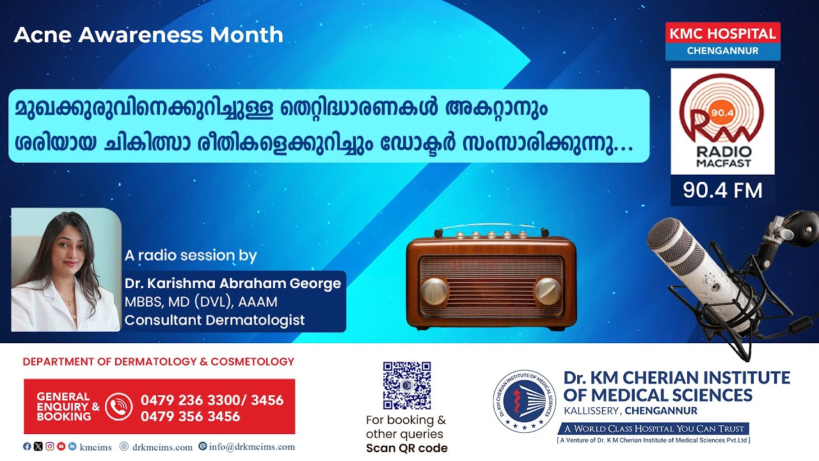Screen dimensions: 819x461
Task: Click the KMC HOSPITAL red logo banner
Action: pyautogui.click(x=723, y=41)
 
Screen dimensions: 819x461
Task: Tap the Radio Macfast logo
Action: pyautogui.click(x=722, y=121)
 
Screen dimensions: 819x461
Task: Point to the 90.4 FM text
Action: pyautogui.click(x=722, y=191)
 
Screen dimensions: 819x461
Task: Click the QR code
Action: pyautogui.click(x=407, y=385)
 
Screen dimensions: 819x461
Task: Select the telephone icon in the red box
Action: pyautogui.click(x=119, y=407)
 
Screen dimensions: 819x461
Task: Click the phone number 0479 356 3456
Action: pyautogui.click(x=190, y=416)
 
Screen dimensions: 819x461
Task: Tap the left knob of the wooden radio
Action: pyautogui.click(x=434, y=291)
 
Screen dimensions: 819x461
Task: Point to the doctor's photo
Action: pyautogui.click(x=66, y=270)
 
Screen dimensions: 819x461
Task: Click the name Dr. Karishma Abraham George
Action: pyautogui.click(x=233, y=283)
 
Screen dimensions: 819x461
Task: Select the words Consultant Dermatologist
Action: pyautogui.click(x=214, y=320)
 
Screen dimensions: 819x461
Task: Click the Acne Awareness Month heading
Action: pyautogui.click(x=148, y=35)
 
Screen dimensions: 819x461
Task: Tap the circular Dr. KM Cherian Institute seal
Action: pyautogui.click(x=524, y=401)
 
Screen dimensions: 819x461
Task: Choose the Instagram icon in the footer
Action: pyautogui.click(x=50, y=446)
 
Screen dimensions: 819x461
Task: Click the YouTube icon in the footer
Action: pyautogui.click(x=61, y=446)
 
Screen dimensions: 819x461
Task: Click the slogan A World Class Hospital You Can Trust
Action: pyautogui.click(x=654, y=428)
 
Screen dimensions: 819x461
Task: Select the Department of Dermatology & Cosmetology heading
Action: pyautogui.click(x=158, y=362)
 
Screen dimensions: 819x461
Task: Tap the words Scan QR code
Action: pyautogui.click(x=406, y=448)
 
